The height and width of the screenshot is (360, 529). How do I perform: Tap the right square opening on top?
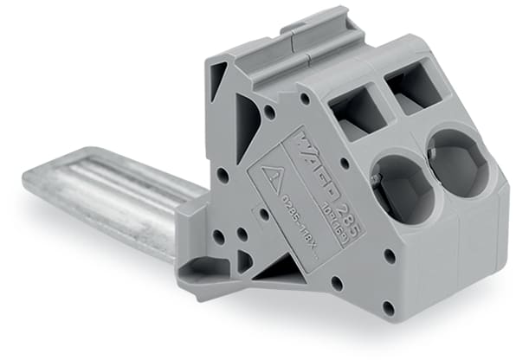[414, 89]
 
